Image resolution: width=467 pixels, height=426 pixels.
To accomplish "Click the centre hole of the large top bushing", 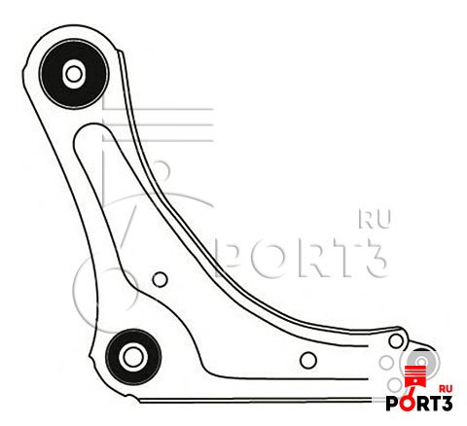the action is click(74, 74).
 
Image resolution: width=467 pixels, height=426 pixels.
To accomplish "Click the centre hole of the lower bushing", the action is click(132, 357).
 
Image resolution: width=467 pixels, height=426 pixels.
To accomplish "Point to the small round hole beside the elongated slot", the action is click(160, 279).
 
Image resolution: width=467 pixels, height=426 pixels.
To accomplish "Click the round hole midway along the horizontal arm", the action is click(308, 360).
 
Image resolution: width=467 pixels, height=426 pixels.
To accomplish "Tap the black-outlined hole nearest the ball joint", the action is click(396, 340).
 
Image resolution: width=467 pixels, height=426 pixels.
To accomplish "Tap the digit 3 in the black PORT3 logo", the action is click(447, 404).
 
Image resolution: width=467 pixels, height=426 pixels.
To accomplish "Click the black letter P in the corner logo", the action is click(392, 404).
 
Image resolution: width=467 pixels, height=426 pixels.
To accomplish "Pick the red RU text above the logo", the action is click(446, 389).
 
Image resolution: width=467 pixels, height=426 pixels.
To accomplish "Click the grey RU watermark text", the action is click(375, 219).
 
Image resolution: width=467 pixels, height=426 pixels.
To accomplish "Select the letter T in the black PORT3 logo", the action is click(436, 404).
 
